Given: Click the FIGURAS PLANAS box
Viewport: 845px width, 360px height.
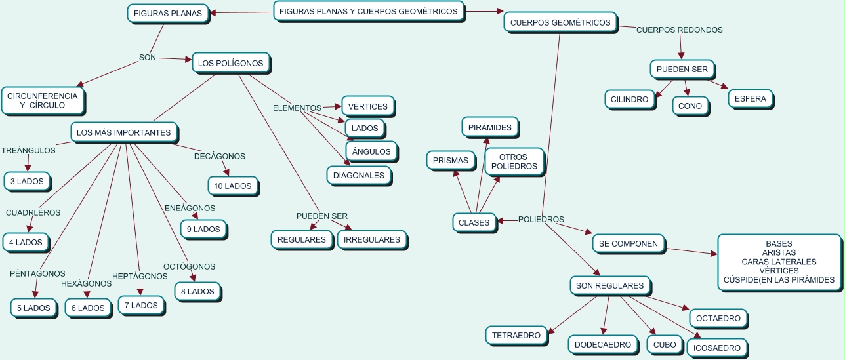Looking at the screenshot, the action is coord(168,14).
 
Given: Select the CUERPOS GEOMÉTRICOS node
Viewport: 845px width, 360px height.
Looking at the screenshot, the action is coord(560,22).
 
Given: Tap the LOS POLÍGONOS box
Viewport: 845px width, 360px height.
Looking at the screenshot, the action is coord(231,63).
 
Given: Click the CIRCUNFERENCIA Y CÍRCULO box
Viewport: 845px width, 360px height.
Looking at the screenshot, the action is coord(43,100).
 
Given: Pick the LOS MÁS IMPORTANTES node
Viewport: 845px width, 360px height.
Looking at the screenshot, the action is coord(124,132).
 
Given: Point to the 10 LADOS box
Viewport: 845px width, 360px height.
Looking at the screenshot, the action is coord(233,186).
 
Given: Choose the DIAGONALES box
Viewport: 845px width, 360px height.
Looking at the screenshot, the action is coord(359,175).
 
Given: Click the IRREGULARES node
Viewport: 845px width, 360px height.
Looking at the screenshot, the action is coord(372,240).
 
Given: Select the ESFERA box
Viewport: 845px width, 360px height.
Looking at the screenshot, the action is coord(751,99).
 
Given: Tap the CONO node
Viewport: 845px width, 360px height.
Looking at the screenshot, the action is coord(690,106).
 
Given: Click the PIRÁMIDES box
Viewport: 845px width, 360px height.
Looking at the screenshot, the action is coord(489,127).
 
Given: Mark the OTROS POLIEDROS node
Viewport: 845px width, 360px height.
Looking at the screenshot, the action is coord(514,162).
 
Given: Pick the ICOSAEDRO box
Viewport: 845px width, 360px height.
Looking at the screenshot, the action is coord(716,348).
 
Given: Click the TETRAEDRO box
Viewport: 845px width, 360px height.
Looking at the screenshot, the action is coord(516,335).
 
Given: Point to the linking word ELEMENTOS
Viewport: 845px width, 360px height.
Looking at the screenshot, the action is coord(297,108).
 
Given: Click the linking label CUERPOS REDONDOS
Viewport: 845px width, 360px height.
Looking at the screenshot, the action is coord(680,30).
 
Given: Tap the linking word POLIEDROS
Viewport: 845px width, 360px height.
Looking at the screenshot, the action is coord(541,220).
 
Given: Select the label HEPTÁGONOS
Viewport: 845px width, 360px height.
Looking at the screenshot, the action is coord(140,276).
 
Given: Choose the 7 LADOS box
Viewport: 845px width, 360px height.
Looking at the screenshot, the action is coord(141,306).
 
